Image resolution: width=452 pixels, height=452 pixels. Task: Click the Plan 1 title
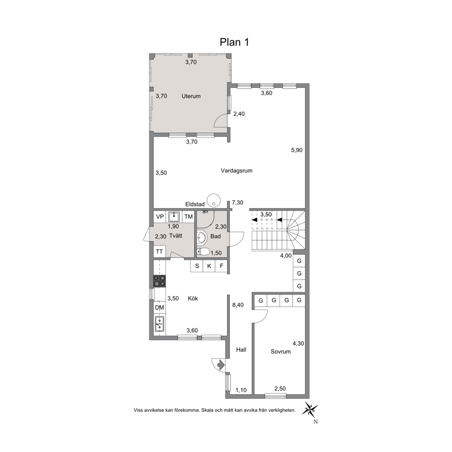234,42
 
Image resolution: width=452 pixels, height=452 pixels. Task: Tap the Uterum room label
191,96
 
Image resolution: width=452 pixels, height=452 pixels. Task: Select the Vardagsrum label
236,171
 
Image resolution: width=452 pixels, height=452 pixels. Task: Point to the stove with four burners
159,281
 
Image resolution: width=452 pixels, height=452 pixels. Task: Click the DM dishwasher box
159,308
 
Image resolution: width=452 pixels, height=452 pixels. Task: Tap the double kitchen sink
159,324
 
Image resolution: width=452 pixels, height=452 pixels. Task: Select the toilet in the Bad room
204,252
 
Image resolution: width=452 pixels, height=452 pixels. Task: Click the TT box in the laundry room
159,252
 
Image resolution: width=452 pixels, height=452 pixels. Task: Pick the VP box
159,217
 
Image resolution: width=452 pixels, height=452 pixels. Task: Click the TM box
188,217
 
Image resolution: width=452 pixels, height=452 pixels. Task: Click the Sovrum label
281,352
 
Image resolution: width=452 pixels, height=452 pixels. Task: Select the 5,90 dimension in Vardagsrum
297,150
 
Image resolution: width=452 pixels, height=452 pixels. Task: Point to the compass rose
310,409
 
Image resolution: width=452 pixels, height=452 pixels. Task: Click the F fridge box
221,266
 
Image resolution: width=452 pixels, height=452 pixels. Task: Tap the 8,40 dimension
238,305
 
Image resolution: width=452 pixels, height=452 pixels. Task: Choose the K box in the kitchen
209,266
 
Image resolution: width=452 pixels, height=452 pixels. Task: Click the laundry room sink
174,216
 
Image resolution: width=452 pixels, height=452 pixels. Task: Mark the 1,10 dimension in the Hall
241,390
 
